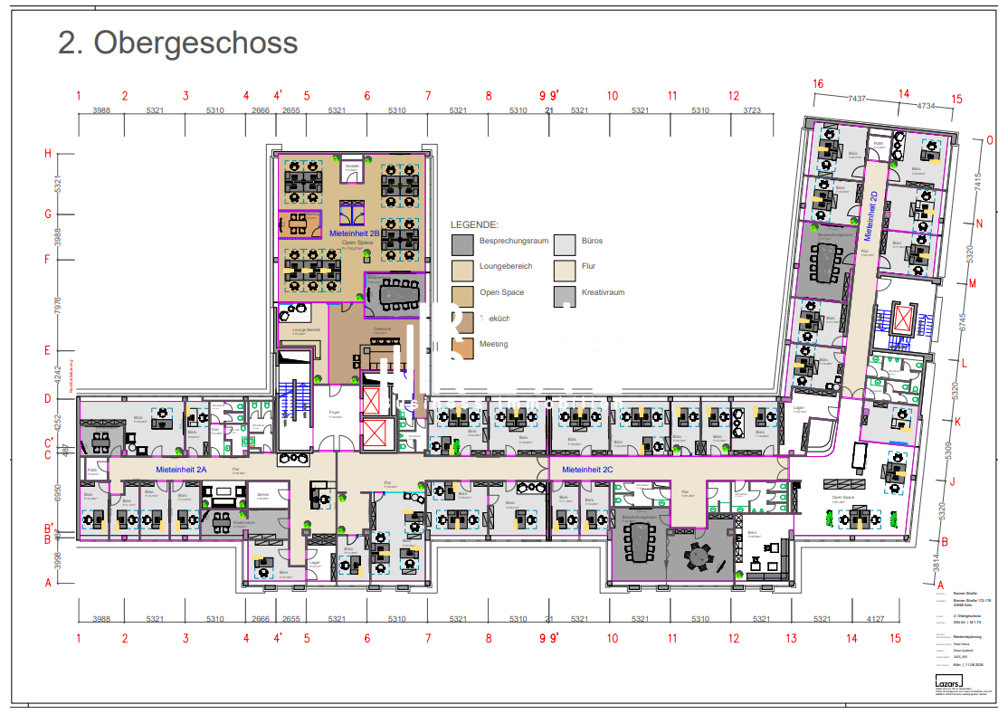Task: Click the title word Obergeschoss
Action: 195,43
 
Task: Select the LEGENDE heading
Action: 475,224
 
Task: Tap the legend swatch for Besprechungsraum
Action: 462,243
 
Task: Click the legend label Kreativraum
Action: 603,292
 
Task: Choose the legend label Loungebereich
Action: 506,267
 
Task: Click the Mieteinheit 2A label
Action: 182,470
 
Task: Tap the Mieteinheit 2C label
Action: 587,470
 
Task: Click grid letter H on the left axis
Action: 48,153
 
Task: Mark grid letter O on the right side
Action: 989,140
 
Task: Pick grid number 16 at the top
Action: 818,84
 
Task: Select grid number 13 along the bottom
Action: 792,638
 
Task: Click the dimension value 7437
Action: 857,99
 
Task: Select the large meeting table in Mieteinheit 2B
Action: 395,292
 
